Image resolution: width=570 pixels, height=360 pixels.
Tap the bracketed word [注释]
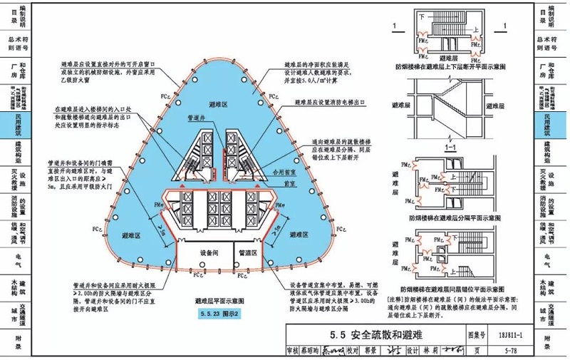click(x=398, y=299)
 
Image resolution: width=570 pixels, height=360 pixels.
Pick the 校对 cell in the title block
click(x=350, y=350)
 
